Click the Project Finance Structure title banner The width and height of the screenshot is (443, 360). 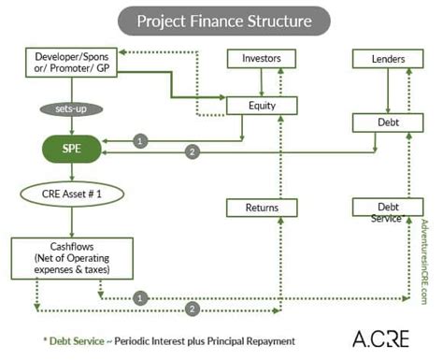[221, 20]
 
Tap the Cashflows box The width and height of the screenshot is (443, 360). [61, 255]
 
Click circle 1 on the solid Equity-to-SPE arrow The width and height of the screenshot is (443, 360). [140, 140]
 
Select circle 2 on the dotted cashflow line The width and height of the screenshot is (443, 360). [193, 308]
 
